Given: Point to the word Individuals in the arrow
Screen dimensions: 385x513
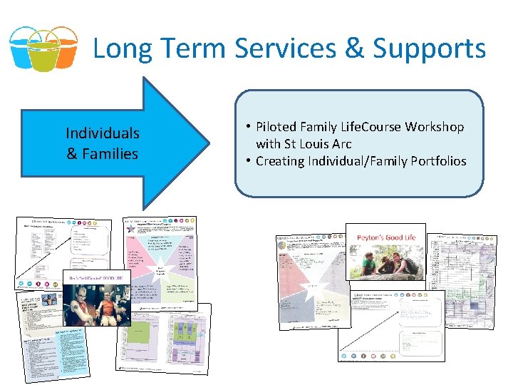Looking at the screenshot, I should coord(102,133).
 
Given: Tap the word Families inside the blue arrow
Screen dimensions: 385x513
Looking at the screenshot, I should coord(110,153).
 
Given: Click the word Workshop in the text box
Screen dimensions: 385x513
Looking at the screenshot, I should coord(435,127).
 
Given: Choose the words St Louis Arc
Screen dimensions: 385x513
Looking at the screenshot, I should coord(317,144).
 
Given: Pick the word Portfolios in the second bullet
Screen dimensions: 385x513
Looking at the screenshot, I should coord(438,161).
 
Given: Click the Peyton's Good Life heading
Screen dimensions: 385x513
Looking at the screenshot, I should coord(385,236).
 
